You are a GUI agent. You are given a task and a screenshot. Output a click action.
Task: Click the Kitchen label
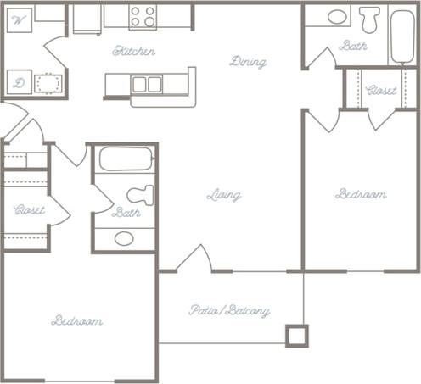(134, 52)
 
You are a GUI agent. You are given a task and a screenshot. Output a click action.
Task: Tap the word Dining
(248, 62)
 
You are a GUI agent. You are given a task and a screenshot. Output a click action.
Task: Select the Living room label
(224, 195)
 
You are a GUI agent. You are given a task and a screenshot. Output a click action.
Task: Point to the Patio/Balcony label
(229, 311)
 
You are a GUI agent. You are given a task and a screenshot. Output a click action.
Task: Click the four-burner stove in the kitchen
(143, 16)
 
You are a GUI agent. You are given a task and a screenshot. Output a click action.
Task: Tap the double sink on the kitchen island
(148, 84)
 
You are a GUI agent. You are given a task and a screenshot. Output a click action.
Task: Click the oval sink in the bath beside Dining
(337, 16)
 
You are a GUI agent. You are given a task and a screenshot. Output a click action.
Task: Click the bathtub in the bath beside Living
(126, 159)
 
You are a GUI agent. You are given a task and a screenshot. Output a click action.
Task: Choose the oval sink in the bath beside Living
(124, 238)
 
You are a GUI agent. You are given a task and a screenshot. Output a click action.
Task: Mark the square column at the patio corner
(295, 337)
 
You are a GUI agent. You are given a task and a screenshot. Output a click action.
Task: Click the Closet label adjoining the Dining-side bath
(381, 91)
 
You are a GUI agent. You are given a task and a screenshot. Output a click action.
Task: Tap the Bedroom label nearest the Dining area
(361, 194)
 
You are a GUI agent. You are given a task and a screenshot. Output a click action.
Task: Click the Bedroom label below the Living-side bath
(77, 320)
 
